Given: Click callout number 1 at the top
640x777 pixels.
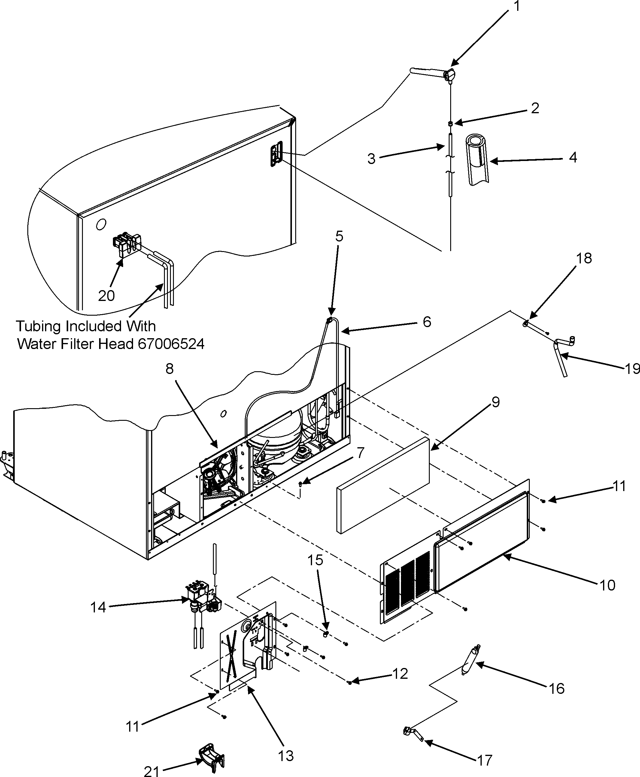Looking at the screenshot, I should pos(517,6).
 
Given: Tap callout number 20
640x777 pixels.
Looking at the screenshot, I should pos(106,296).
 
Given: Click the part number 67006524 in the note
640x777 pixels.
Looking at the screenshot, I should pos(171,344).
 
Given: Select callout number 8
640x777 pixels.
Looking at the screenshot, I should pos(169,368).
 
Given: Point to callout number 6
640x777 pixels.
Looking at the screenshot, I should pos(426,322).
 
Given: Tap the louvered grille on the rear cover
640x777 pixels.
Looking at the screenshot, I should pos(407,586).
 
